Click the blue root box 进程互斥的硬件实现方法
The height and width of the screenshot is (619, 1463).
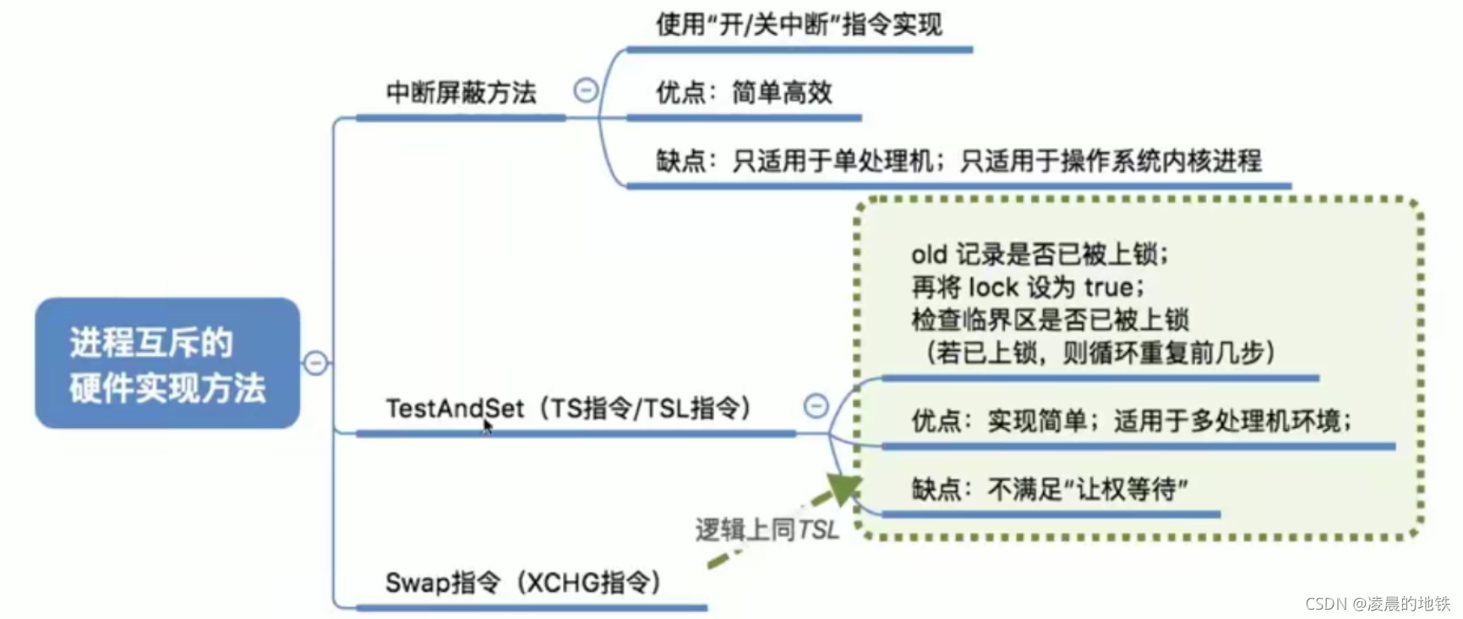coord(167,364)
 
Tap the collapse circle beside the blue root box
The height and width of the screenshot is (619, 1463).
coord(315,363)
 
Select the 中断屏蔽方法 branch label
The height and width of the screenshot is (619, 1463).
coord(461,92)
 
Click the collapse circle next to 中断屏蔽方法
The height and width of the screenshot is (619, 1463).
coord(586,90)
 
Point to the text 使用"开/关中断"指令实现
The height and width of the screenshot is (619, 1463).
coord(799,25)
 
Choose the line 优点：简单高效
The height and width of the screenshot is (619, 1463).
coord(744,92)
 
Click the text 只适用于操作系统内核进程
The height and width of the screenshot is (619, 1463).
coord(1111,161)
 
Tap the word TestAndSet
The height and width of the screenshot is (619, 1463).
coord(455,408)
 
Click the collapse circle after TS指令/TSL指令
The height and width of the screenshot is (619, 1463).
coord(816,406)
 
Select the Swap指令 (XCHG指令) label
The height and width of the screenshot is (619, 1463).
coord(523,583)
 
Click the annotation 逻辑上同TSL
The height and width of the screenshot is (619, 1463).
coord(767,530)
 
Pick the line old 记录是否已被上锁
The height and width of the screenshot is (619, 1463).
coord(1040,254)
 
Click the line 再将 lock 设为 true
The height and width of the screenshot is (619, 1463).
coord(1028,288)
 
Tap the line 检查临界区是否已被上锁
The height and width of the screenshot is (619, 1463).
coord(1050,320)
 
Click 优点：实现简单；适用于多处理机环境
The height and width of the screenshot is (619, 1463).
coord(1131,420)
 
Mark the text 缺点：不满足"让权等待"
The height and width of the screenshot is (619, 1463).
coord(1050,489)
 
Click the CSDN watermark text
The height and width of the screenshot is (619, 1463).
coord(1377,603)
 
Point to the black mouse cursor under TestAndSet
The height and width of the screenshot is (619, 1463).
coord(488,426)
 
